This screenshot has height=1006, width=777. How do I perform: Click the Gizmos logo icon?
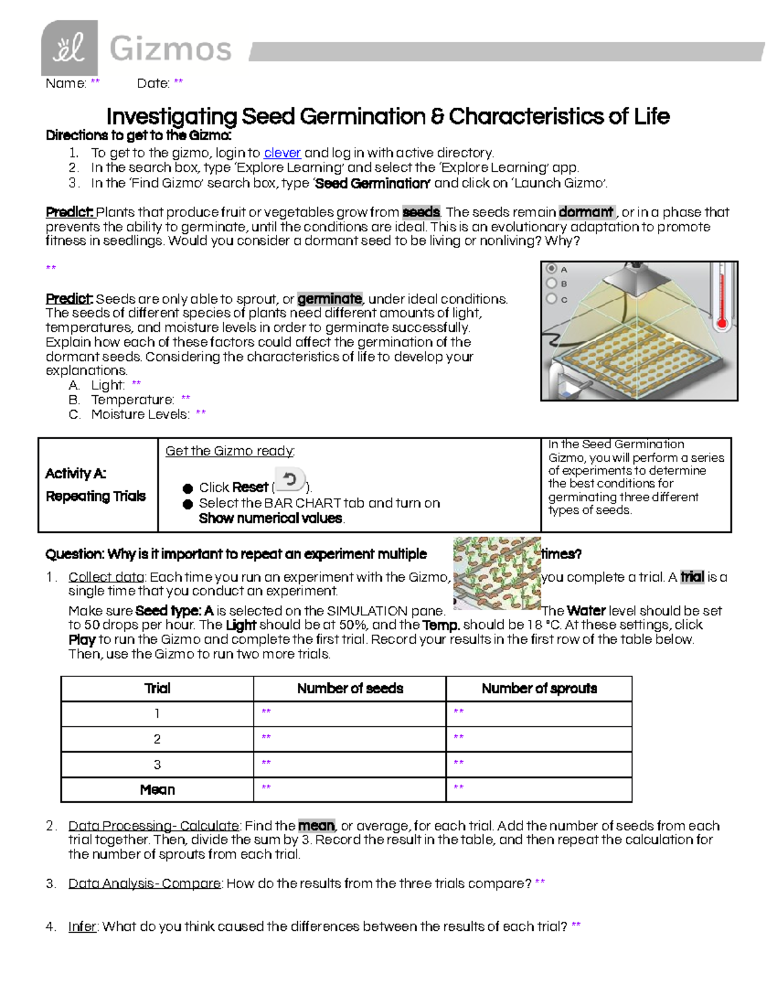[69, 48]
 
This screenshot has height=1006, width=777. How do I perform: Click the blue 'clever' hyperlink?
[282, 153]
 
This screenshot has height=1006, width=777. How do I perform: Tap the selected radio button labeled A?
[552, 269]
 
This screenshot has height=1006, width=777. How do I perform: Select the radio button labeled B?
[552, 284]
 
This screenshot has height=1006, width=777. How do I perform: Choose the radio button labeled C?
[552, 299]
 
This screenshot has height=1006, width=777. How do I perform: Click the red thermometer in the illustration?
[722, 298]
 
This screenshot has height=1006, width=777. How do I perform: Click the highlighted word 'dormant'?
[587, 212]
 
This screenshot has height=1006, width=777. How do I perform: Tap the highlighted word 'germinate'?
[330, 299]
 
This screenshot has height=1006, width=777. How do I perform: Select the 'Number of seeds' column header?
[350, 688]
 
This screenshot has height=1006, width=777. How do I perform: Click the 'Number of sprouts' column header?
[539, 688]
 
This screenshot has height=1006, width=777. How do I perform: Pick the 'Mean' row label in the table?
[157, 790]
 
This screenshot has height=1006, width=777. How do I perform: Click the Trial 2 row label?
[157, 739]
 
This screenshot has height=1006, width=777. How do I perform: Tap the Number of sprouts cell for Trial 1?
[539, 713]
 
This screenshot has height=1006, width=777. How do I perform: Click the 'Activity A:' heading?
[76, 474]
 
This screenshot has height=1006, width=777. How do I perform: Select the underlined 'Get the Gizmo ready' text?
[230, 451]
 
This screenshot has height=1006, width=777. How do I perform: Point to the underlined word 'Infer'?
[83, 926]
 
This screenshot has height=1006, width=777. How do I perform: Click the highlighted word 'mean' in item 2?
[316, 826]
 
